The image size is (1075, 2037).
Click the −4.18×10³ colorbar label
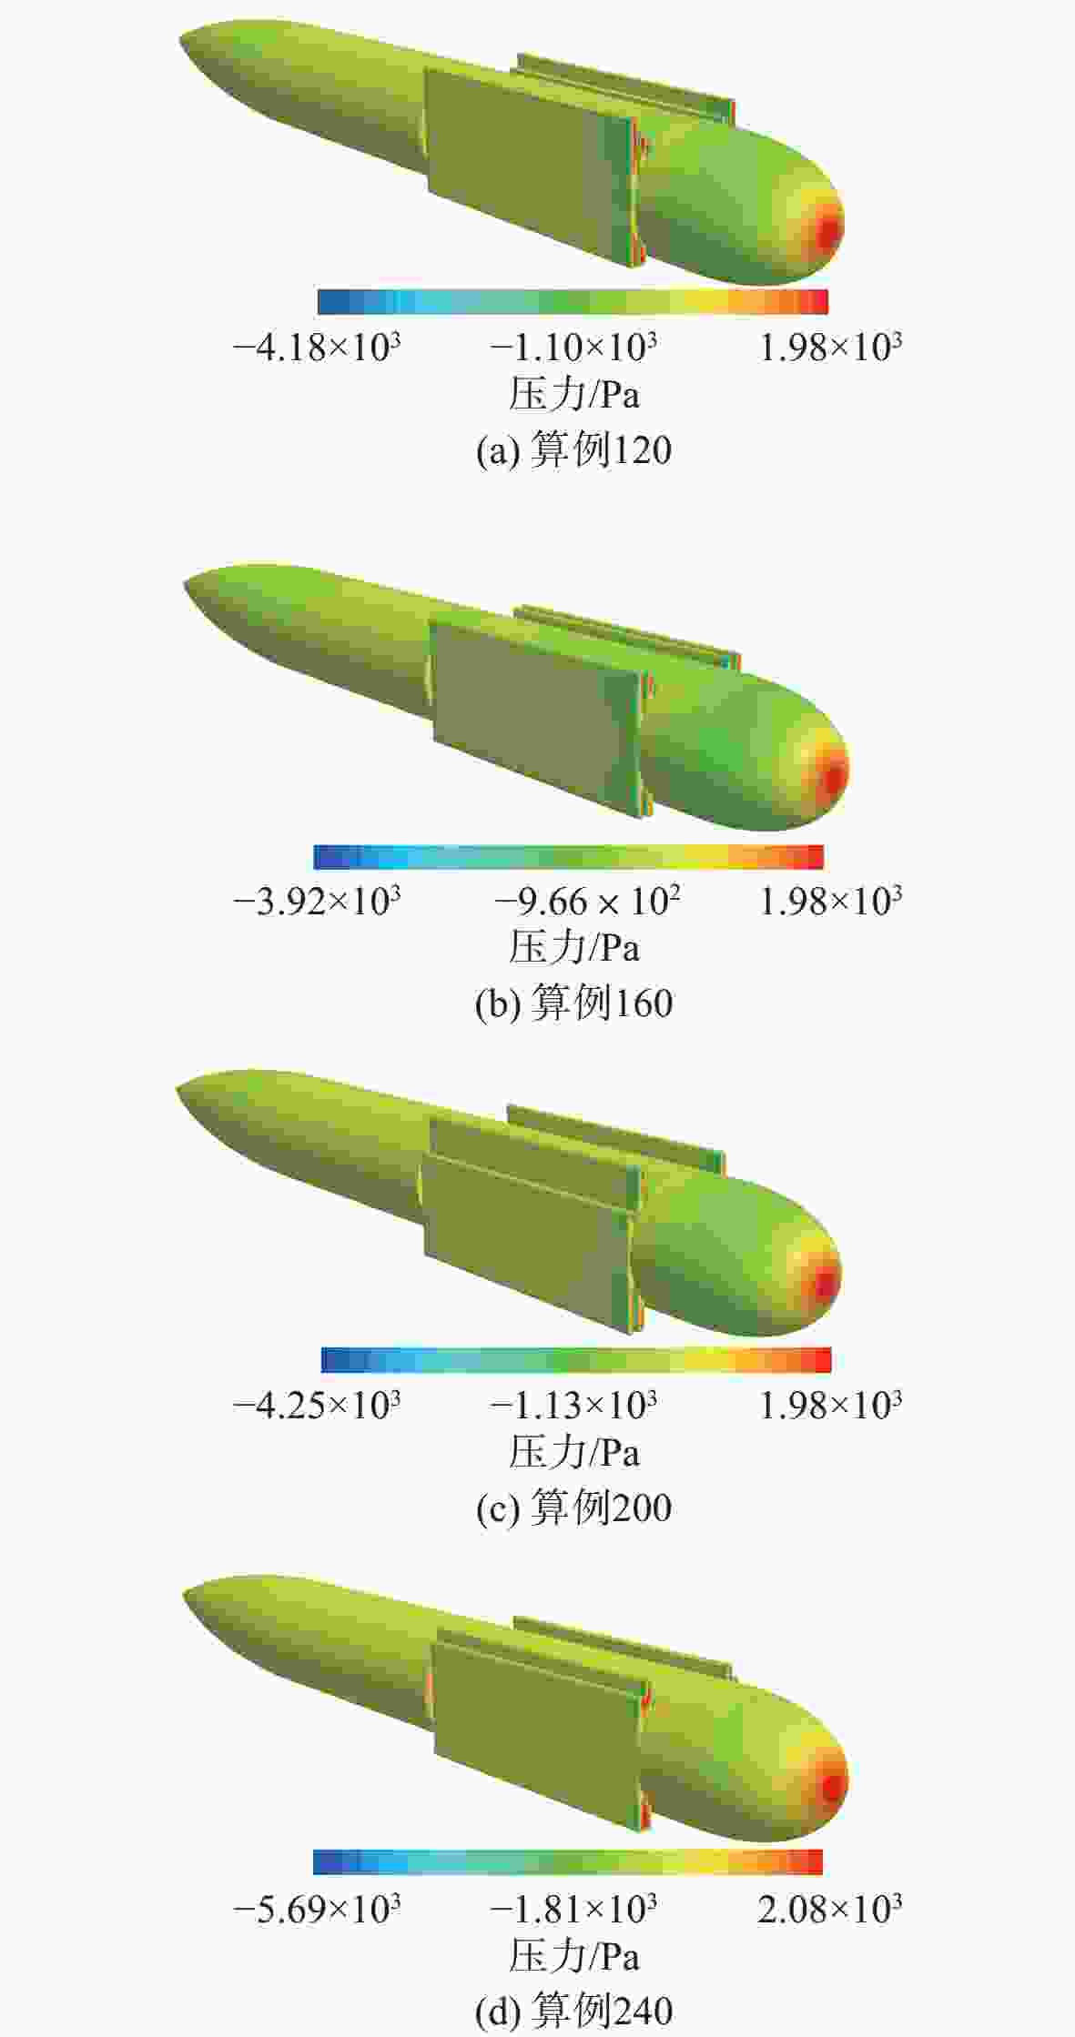[317, 347]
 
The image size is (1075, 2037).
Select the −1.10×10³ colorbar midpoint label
[573, 347]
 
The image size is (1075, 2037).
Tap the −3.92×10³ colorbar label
[317, 901]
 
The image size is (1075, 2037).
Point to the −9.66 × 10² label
[587, 901]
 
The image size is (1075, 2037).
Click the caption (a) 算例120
[573, 450]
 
